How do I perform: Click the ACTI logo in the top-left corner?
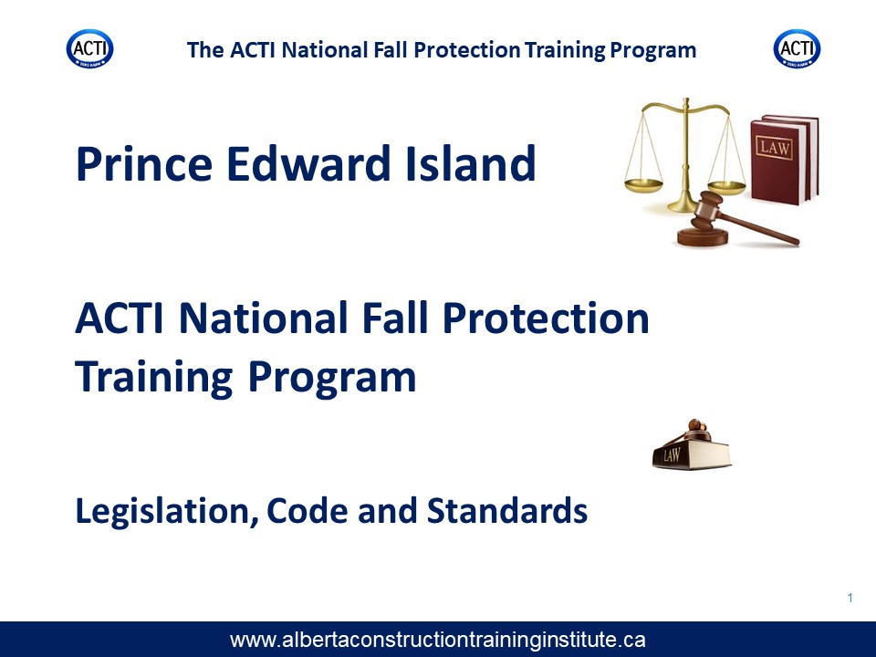pos(90,49)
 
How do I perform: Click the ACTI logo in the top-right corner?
pos(798,49)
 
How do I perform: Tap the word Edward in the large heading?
pos(308,163)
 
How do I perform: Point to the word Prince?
pos(144,163)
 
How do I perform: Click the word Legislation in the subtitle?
pos(167,511)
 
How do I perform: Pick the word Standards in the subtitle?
pos(507,510)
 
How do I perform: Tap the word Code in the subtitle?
pos(308,510)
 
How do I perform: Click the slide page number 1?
pos(850,598)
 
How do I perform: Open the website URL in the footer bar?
pos(437,640)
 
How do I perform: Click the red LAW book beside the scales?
pos(785,160)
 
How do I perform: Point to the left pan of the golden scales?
pos(643,185)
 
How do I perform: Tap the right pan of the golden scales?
pos(726,186)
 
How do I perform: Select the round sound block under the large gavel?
pos(703,236)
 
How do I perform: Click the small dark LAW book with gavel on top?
pos(692,445)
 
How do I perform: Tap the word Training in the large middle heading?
pos(153,378)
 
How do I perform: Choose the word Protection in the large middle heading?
pos(546,318)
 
